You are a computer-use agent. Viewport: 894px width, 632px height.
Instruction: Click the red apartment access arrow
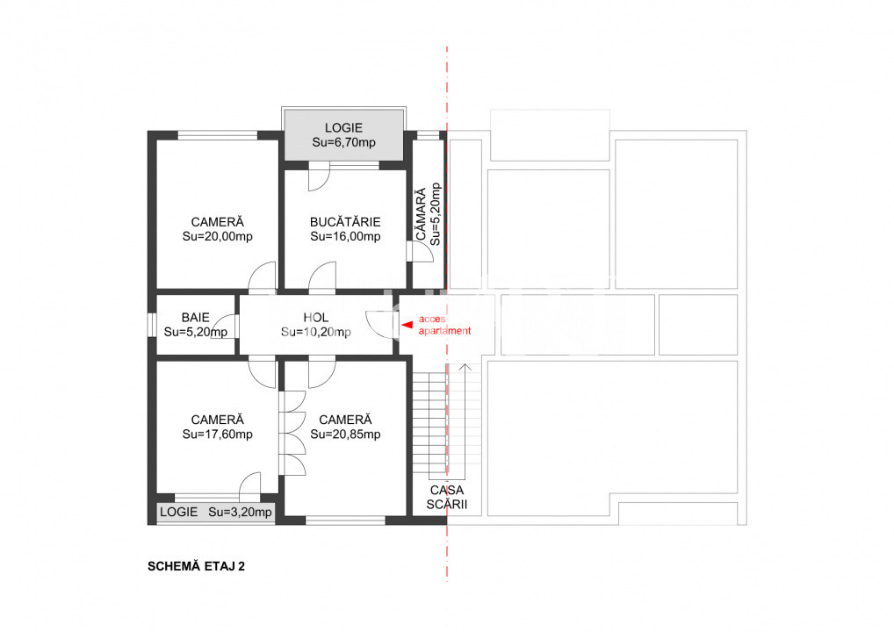407,325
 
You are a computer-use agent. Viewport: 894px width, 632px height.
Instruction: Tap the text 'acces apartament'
444,325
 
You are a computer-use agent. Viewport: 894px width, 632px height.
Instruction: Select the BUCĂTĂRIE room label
345,222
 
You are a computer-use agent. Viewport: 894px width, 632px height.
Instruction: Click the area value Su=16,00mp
345,236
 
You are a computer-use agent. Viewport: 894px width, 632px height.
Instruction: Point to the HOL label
316,318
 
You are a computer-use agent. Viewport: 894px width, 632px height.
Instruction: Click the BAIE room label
195,318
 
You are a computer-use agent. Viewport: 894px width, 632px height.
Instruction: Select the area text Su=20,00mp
217,236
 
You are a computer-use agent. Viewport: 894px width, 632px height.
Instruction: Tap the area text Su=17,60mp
217,434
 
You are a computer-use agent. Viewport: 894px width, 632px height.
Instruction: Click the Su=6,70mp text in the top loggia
343,142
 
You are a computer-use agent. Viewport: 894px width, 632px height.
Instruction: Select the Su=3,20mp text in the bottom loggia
241,512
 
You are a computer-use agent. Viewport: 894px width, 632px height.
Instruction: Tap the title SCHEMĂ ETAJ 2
196,566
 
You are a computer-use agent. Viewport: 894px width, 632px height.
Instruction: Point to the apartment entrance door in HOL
381,325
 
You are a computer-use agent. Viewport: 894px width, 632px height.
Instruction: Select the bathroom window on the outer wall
151,325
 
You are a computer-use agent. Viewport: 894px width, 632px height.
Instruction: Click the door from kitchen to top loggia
317,178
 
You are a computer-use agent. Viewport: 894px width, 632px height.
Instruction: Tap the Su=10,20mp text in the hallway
316,332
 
